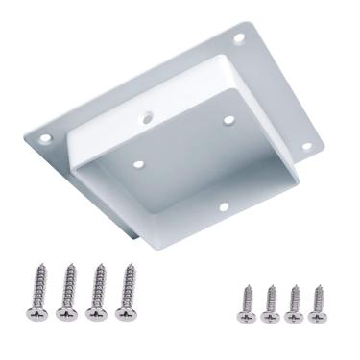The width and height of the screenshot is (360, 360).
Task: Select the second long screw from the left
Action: pos(67,290)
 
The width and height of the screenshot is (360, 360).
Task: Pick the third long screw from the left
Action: pos(95,290)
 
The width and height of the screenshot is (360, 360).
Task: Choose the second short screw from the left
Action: pos(272,301)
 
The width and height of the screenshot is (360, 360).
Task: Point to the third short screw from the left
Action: pos(295,301)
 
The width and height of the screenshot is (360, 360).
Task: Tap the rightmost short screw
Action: pos(318,301)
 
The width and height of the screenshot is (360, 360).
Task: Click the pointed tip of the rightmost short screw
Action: pos(318,285)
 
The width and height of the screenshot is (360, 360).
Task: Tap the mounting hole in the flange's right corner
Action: pos(307,146)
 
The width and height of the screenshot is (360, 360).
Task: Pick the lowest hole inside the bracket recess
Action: pos(222,205)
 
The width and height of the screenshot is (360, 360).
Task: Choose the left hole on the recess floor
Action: pos(138,164)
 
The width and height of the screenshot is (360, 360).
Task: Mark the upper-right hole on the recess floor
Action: pos(228,121)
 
